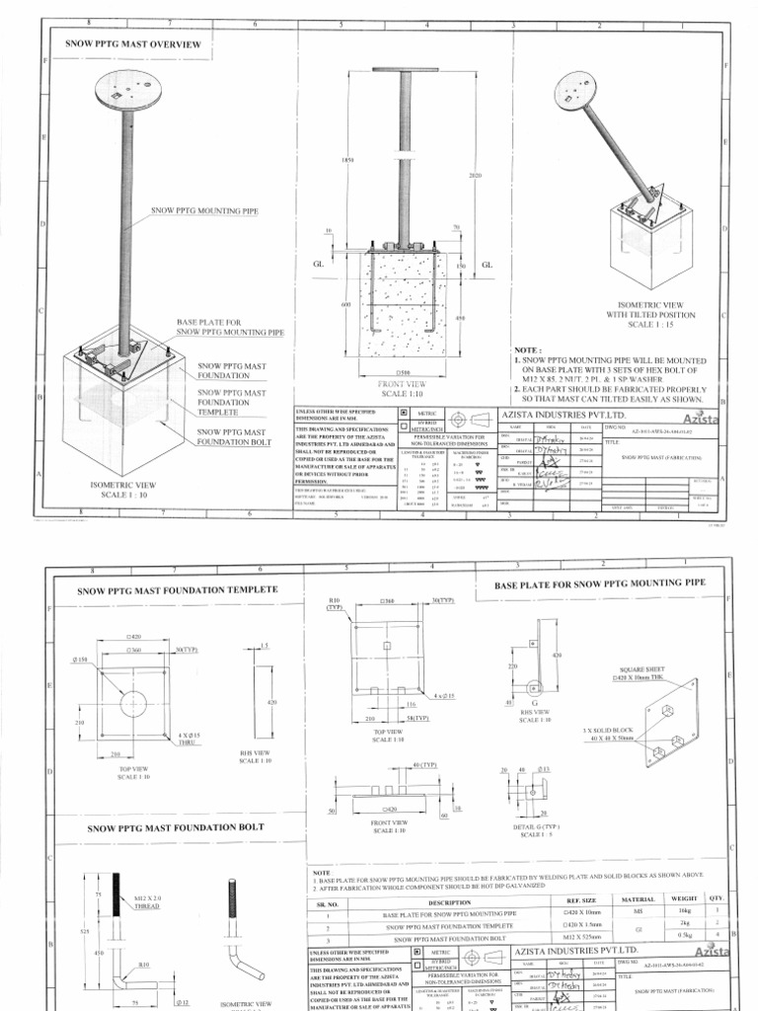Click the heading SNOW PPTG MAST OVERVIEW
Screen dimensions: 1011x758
(x=132, y=44)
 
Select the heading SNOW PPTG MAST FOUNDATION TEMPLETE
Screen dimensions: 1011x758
(x=178, y=590)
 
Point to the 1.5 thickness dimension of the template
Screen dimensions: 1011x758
(x=264, y=645)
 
